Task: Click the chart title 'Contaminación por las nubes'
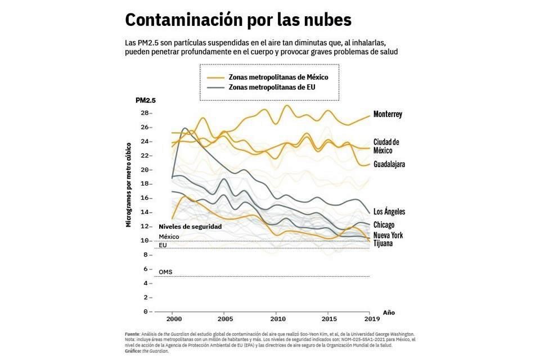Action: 238,20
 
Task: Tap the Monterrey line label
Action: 388,114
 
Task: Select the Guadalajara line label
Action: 389,164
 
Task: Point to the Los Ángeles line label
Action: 389,211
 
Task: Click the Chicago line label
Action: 384,225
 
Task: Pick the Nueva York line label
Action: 388,235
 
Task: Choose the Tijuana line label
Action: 383,244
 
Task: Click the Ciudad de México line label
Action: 386,146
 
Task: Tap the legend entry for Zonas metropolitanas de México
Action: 278,77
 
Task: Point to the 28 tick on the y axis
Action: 145,112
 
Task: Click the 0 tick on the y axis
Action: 146,311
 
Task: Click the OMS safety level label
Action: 165,272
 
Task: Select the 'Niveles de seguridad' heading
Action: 190,226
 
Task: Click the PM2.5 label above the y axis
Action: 145,101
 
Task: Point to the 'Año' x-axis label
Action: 389,312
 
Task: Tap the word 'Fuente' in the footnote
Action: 133,334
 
